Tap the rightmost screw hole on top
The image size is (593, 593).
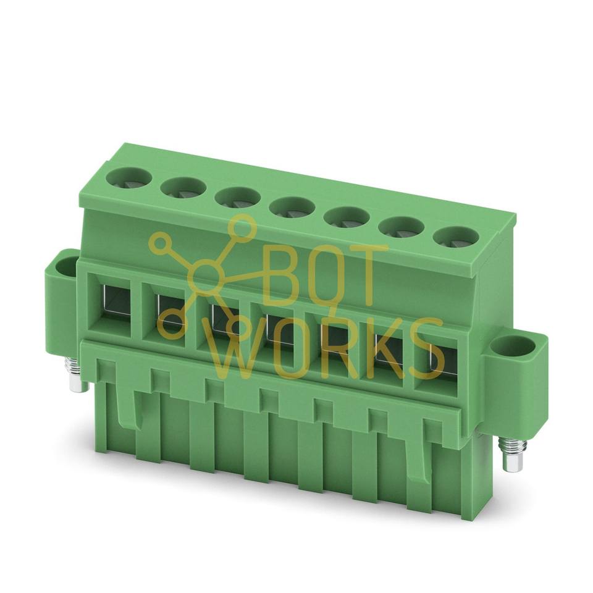tap(456, 238)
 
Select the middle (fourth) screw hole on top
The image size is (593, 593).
tap(292, 208)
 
